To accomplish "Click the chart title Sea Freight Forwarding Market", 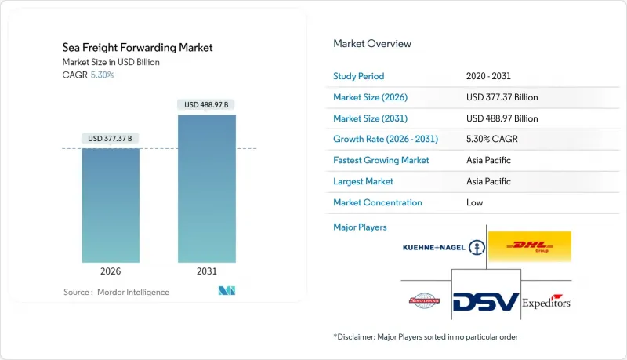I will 137,48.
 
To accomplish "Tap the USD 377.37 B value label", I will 111,139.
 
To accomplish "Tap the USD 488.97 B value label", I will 207,104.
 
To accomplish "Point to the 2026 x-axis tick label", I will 111,271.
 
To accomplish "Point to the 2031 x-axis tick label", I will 207,271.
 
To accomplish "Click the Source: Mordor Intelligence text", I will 116,292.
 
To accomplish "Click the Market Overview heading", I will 372,44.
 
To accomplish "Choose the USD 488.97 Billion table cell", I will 502,118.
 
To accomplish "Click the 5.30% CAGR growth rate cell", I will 490,139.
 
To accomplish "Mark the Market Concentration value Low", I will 473,202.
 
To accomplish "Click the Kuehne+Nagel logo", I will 443,247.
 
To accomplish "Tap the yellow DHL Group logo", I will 529,246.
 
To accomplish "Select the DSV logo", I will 486,301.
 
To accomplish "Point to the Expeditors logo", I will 546,302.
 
